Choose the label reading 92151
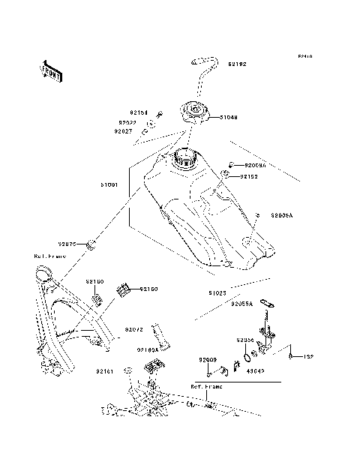(139, 112)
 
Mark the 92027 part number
(124, 131)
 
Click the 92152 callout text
(249, 176)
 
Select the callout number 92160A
(147, 349)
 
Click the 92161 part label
(104, 370)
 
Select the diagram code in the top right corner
(304, 56)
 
